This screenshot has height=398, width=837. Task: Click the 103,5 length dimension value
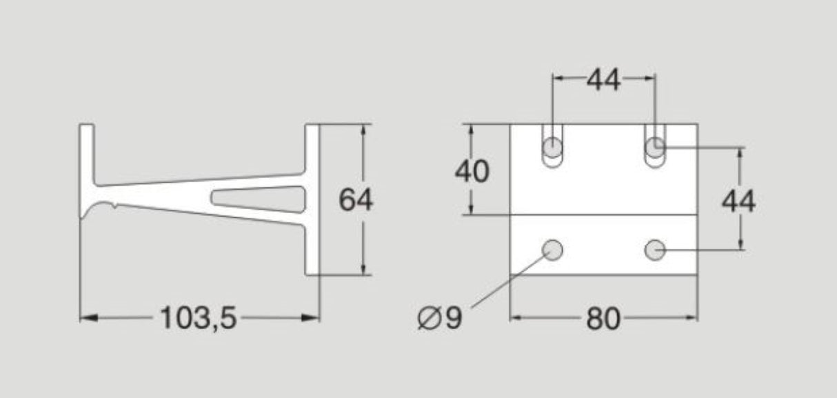[x=199, y=318]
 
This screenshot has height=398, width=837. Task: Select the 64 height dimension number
[x=356, y=200]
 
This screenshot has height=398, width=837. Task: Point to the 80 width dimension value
[x=603, y=319]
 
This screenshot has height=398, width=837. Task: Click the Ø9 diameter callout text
[x=440, y=319]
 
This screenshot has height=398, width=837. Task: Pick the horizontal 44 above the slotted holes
[x=603, y=81]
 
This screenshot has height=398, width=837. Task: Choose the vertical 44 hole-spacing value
[x=738, y=201]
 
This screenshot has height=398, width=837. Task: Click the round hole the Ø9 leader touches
[x=553, y=250]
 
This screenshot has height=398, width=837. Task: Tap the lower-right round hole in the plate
[x=654, y=250]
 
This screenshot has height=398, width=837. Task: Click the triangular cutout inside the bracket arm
[x=255, y=198]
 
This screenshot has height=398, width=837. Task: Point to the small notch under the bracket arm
[x=112, y=205]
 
